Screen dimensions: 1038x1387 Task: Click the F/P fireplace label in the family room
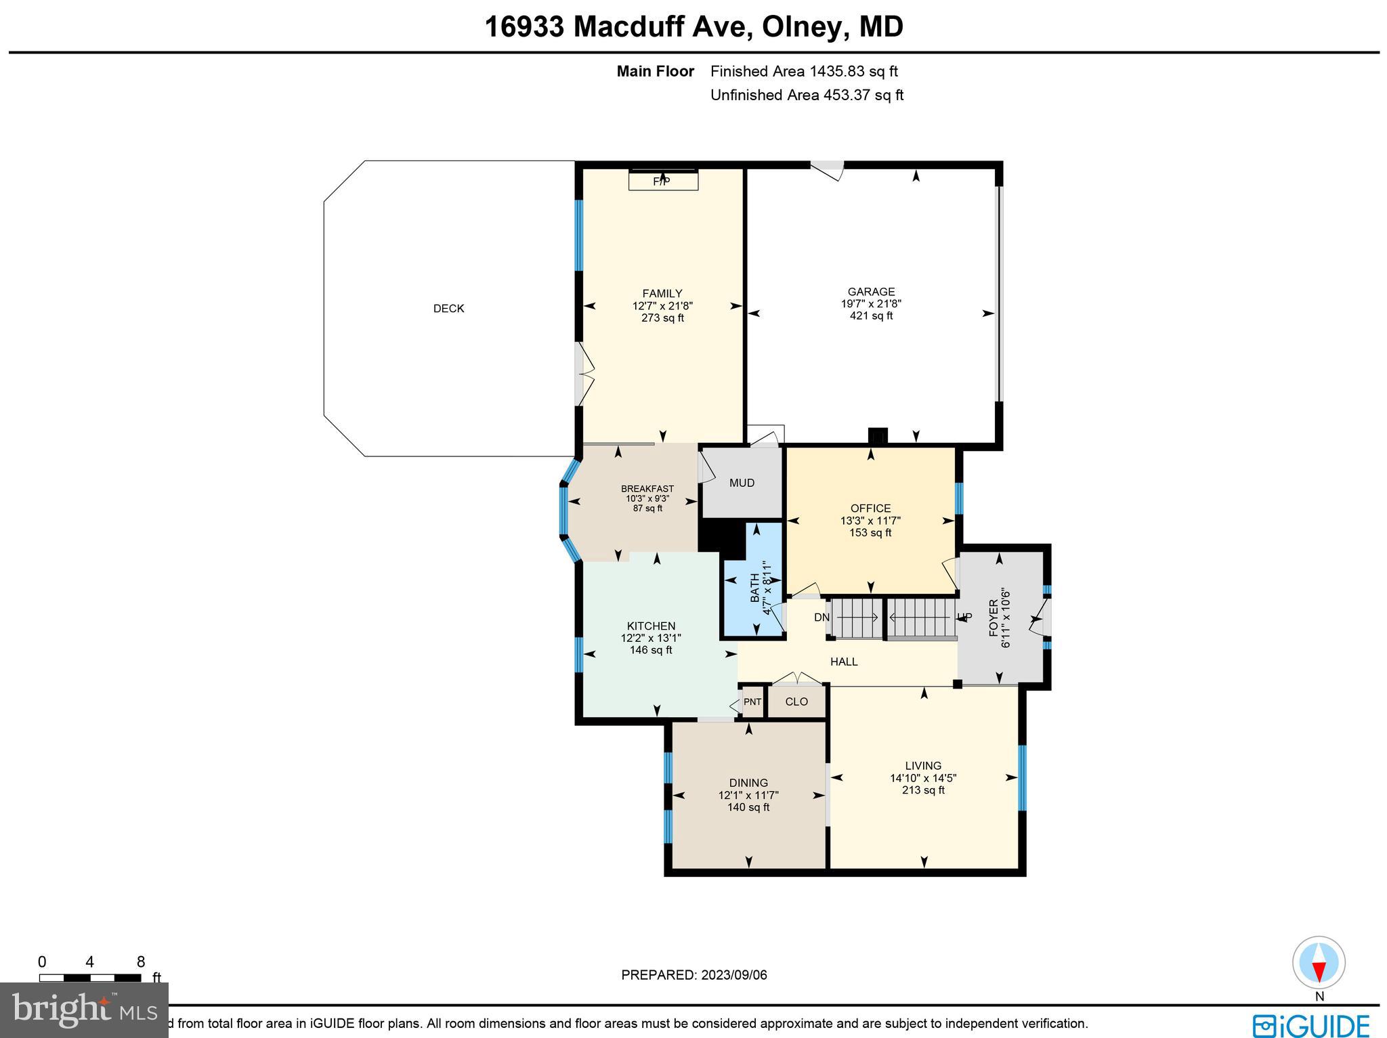pos(662,181)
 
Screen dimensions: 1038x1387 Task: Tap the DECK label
pos(448,309)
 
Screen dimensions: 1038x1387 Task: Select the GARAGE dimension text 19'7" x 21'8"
pos(871,304)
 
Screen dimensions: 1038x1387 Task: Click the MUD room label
pos(742,483)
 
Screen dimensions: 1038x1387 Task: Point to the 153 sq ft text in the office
pos(870,533)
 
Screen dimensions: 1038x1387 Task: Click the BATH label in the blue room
pos(754,588)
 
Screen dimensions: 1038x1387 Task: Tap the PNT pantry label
pos(752,702)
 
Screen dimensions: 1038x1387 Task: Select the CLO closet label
pos(796,701)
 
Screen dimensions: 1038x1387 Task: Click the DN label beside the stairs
pos(821,618)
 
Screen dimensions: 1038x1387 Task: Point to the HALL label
pos(844,662)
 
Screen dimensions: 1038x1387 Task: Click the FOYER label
pos(994,618)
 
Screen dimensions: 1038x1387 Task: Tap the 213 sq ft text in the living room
pos(923,790)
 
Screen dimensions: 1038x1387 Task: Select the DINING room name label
pos(748,783)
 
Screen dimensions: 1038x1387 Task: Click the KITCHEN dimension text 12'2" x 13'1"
pos(651,638)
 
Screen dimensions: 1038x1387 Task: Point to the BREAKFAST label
pos(647,489)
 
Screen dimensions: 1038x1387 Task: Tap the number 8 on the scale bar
pos(141,962)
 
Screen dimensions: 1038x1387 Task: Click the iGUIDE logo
pos(1311,1025)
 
